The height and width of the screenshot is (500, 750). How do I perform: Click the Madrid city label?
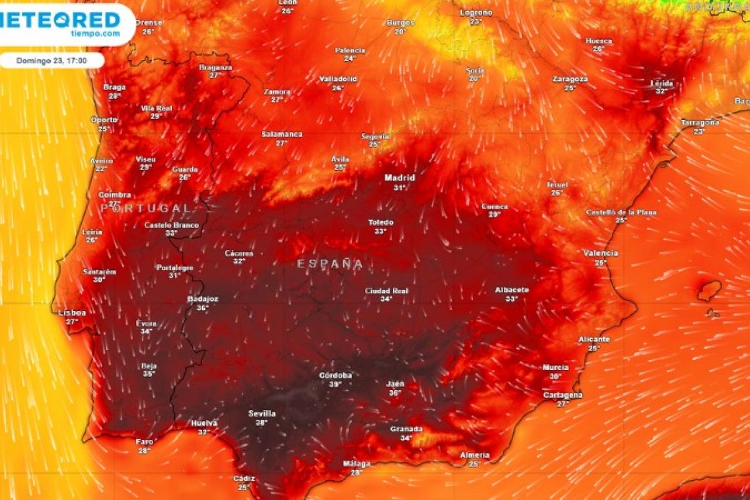400,177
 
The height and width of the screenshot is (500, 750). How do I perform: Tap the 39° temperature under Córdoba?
336,384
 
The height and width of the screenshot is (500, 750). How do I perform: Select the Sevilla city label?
262,413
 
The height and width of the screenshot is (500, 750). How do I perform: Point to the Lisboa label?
71,312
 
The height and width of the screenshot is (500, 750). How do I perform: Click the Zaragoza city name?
570,79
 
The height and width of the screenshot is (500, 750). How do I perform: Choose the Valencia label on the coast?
600,253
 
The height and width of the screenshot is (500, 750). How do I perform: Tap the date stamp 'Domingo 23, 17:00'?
52,61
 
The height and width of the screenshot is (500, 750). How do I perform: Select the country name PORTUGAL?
146,208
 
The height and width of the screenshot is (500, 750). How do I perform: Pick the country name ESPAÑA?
330,264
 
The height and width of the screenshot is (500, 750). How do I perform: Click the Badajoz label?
203,299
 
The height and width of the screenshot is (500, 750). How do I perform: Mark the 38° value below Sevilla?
261,422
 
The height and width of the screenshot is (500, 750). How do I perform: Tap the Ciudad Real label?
386,291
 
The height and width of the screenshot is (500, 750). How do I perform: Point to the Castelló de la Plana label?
621,212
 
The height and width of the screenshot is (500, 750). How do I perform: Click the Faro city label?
144,441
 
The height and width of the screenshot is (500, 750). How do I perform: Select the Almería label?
474,455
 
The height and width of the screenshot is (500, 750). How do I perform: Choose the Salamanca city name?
282,134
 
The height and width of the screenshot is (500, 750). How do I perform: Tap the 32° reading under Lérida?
662,91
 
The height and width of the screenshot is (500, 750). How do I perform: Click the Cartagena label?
562,395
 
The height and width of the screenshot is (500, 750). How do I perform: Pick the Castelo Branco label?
171,225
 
